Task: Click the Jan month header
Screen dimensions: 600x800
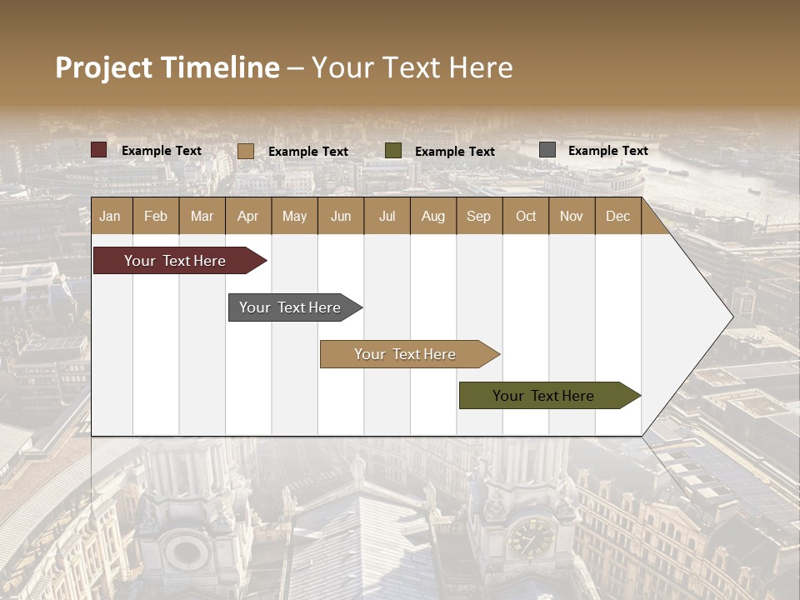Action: coord(110,217)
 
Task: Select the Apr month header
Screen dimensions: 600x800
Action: coord(247,217)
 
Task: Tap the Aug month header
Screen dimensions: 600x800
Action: coord(432,217)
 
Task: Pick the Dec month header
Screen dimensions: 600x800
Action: coord(617,217)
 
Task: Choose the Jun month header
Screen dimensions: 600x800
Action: coord(340,217)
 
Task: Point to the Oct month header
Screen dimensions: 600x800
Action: coord(525,217)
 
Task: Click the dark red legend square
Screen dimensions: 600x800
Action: coord(99,150)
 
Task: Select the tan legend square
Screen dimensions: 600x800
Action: coord(246,151)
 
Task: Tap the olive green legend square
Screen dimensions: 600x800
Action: coord(393,151)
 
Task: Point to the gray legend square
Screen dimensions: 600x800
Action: coord(547,150)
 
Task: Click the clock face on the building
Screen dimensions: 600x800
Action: coord(529,537)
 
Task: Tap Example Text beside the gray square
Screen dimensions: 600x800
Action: coord(607,151)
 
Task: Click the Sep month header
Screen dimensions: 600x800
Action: coord(478,217)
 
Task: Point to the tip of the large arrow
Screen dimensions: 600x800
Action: coord(731,317)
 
